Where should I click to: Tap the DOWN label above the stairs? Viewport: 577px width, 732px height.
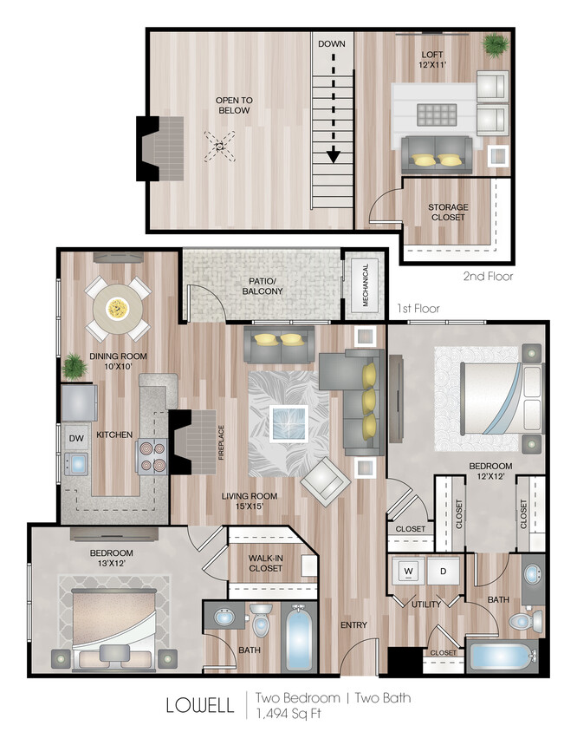331,43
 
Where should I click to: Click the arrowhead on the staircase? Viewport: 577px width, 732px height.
333,157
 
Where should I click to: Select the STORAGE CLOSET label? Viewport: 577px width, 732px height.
447,212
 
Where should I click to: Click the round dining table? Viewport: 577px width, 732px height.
117,307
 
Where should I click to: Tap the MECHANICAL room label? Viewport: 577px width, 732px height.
365,285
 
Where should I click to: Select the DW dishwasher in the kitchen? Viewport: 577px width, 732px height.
75,438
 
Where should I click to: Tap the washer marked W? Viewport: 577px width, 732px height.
407,572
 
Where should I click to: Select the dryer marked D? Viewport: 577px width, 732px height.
444,572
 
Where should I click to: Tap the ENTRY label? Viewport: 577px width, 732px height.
353,624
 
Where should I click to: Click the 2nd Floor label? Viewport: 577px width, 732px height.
488,277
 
